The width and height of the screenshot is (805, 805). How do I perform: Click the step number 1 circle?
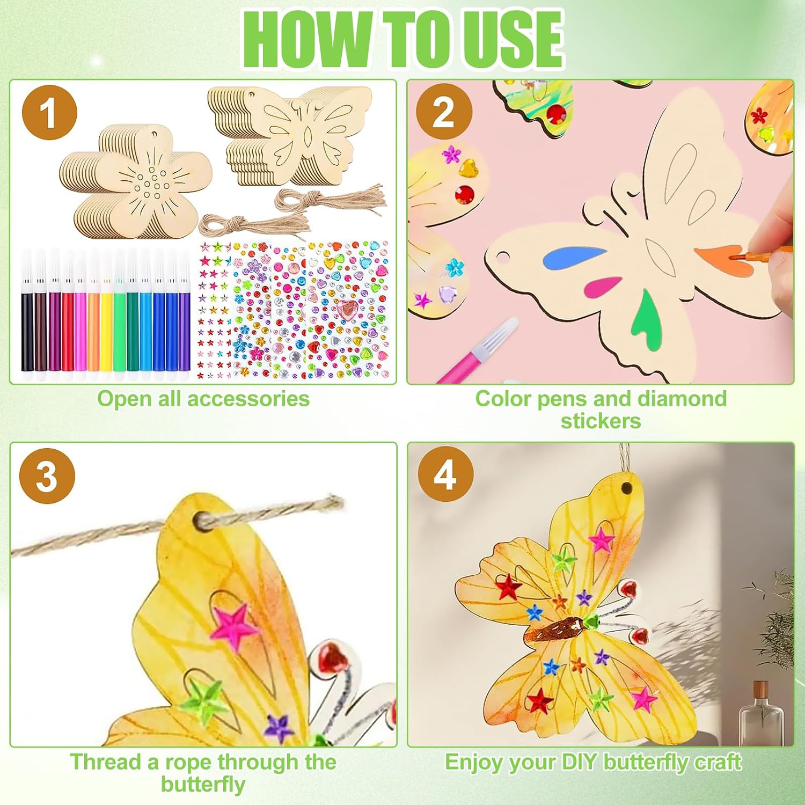click(x=49, y=113)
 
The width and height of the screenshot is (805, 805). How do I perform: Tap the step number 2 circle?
click(x=444, y=112)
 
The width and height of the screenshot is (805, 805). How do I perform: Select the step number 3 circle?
click(x=47, y=475)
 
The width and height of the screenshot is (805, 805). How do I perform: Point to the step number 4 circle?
click(x=445, y=474)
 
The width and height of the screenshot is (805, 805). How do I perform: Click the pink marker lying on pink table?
click(x=476, y=350)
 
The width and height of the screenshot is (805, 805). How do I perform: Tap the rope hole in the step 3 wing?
click(x=204, y=519)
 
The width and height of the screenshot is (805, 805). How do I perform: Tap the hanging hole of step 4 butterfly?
click(x=627, y=488)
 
